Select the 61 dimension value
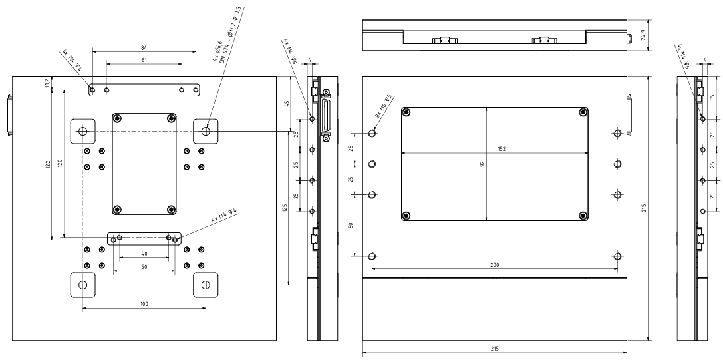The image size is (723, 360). [x=144, y=60]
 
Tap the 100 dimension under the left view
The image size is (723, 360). [x=144, y=303]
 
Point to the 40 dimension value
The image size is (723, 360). [x=144, y=253]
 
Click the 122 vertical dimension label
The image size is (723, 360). [x=48, y=164]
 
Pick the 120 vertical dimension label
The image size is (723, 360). [x=59, y=163]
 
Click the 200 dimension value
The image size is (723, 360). [x=494, y=265]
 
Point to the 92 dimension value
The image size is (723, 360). [x=483, y=163]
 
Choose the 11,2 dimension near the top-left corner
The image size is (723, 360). [x=47, y=83]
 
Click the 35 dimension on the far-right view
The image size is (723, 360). [x=713, y=96]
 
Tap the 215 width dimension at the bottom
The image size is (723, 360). [x=494, y=349]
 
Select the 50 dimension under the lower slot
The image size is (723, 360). [x=144, y=267]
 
